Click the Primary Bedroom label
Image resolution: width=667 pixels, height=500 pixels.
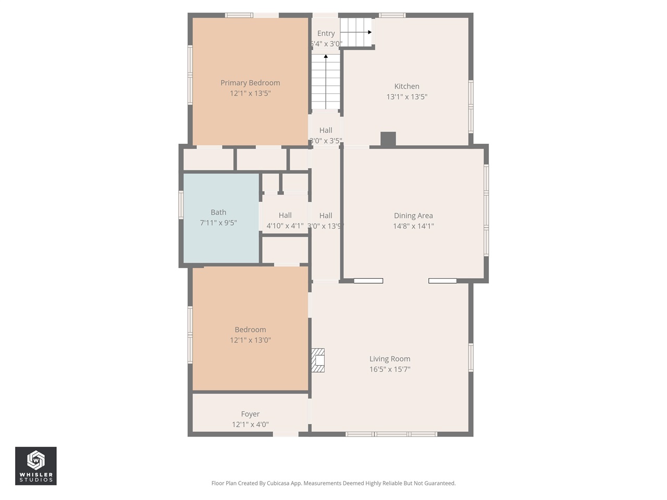click(x=250, y=83)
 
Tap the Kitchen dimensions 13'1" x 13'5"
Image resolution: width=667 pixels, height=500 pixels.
click(x=406, y=97)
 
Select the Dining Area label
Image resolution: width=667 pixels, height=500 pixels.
click(x=413, y=216)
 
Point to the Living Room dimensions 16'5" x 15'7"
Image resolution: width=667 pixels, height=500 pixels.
click(x=390, y=369)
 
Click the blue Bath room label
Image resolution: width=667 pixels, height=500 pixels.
click(x=218, y=213)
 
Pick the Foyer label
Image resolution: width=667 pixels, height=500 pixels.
click(x=250, y=414)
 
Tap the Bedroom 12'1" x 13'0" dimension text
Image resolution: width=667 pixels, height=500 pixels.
click(x=250, y=340)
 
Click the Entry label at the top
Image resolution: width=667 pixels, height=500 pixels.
click(x=326, y=33)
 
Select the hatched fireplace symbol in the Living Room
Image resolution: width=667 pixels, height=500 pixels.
click(x=318, y=360)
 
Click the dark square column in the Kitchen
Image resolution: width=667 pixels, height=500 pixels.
click(x=388, y=139)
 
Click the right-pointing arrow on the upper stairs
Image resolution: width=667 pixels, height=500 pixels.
click(x=369, y=32)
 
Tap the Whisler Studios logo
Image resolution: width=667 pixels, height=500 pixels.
click(x=36, y=466)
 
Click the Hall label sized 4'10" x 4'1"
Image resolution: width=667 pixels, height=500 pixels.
click(x=285, y=216)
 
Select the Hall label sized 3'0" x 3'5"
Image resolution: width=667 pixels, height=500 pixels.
click(x=326, y=131)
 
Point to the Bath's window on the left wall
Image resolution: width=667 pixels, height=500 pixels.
click(x=181, y=204)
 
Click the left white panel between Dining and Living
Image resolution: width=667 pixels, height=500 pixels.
click(x=368, y=281)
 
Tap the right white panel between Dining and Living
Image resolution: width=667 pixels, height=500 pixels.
click(x=442, y=281)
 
